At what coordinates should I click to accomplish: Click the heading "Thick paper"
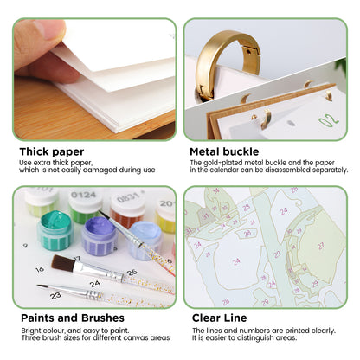pyautogui.click(x=52, y=151)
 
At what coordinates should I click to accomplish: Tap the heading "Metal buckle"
pyautogui.click(x=224, y=151)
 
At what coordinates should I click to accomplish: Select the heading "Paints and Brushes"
pyautogui.click(x=73, y=318)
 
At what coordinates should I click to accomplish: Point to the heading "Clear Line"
pyautogui.click(x=220, y=318)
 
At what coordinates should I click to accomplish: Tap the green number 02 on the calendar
pyautogui.click(x=328, y=119)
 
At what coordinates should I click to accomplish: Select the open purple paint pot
pyautogui.click(x=100, y=235)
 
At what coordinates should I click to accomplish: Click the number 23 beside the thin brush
pyautogui.click(x=55, y=295)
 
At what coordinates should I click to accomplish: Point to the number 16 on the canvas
pyautogui.click(x=40, y=269)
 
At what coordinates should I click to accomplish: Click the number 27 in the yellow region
pyautogui.click(x=321, y=246)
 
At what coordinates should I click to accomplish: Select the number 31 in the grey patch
pyautogui.click(x=205, y=215)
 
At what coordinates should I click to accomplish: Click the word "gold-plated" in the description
pyautogui.click(x=224, y=163)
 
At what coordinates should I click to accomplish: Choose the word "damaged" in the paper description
pyautogui.click(x=110, y=170)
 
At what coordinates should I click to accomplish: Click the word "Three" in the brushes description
pyautogui.click(x=30, y=337)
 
